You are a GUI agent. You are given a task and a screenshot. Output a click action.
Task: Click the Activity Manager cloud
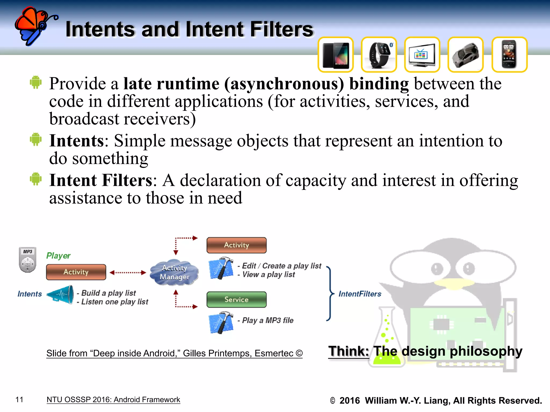pos(174,273)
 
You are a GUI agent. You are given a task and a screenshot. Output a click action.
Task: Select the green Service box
pos(236,300)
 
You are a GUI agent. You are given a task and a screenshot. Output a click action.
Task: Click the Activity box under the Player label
pos(76,272)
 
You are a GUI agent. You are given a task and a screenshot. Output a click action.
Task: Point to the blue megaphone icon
pos(61,295)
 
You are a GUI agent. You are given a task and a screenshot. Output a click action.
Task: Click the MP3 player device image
pos(27,260)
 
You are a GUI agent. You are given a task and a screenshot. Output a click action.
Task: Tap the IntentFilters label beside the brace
pos(360,294)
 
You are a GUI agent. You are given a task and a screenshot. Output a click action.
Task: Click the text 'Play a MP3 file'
pos(267,320)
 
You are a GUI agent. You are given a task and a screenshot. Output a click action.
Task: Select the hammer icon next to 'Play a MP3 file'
pos(221,322)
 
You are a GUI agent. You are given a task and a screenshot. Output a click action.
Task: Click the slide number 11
pos(19,400)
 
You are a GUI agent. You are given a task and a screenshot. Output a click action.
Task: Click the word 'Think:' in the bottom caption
pos(349,351)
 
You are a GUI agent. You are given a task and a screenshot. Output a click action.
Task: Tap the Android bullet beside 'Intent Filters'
pos(36,179)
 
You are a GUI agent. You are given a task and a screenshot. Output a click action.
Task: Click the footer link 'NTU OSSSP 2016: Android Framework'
pos(113,400)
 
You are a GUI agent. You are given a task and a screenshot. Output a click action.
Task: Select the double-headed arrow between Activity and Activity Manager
pos(128,273)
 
